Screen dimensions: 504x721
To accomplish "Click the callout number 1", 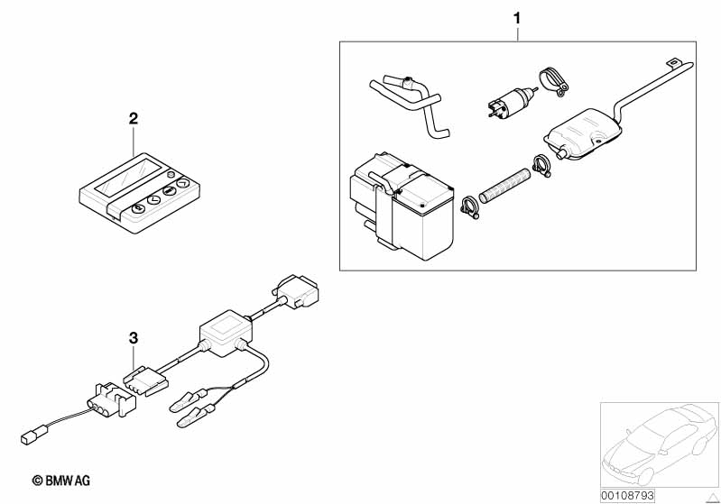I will click(x=517, y=17).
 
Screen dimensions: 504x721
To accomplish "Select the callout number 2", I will click(x=134, y=118).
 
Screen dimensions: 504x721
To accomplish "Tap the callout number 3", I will click(x=134, y=338).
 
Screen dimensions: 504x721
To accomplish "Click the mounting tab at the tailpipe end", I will click(x=674, y=63).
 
